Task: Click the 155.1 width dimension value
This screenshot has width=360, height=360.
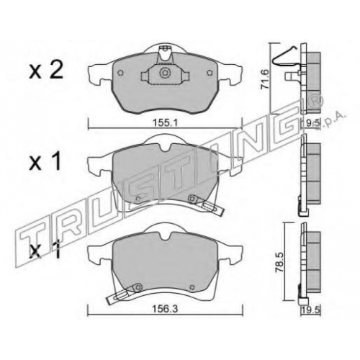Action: [x=165, y=123]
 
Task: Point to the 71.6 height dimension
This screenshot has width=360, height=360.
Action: [x=265, y=78]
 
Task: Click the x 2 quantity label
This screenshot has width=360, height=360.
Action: [x=46, y=70]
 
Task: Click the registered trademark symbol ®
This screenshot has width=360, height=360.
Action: [x=317, y=101]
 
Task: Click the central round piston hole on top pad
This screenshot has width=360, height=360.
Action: [x=165, y=73]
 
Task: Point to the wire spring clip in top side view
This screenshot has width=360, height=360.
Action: [x=286, y=59]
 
